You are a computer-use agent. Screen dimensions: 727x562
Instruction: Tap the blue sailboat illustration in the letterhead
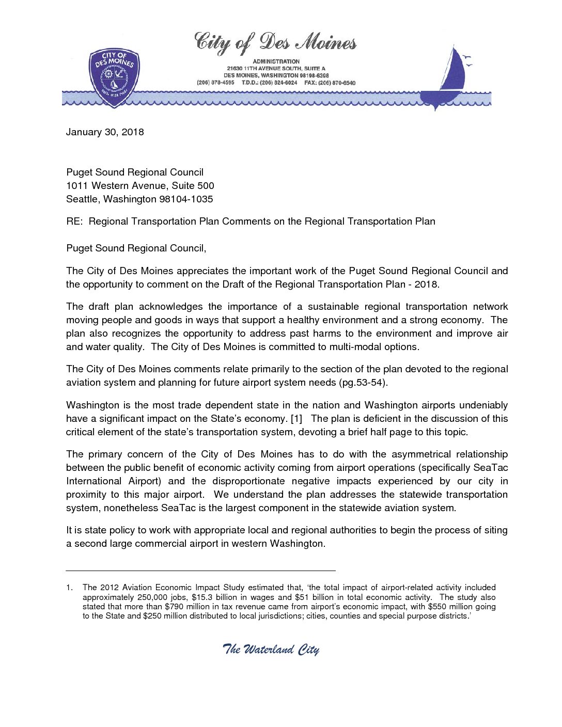(447, 77)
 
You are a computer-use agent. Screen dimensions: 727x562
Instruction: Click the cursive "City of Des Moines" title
(275, 43)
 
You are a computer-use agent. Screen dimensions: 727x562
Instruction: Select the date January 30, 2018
(105, 132)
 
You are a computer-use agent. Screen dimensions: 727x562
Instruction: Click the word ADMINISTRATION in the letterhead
(276, 61)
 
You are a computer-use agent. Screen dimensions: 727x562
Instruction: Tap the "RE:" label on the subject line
(74, 222)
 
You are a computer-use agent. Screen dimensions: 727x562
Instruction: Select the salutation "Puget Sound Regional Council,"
(136, 248)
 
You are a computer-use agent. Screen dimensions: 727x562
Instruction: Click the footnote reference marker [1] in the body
(296, 419)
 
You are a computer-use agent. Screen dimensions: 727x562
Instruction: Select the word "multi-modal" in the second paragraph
(356, 347)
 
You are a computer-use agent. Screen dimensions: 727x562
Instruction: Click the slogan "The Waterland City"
(271, 650)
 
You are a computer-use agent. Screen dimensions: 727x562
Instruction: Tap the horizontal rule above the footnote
(201, 571)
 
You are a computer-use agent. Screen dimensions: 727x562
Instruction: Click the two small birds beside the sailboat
(468, 61)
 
